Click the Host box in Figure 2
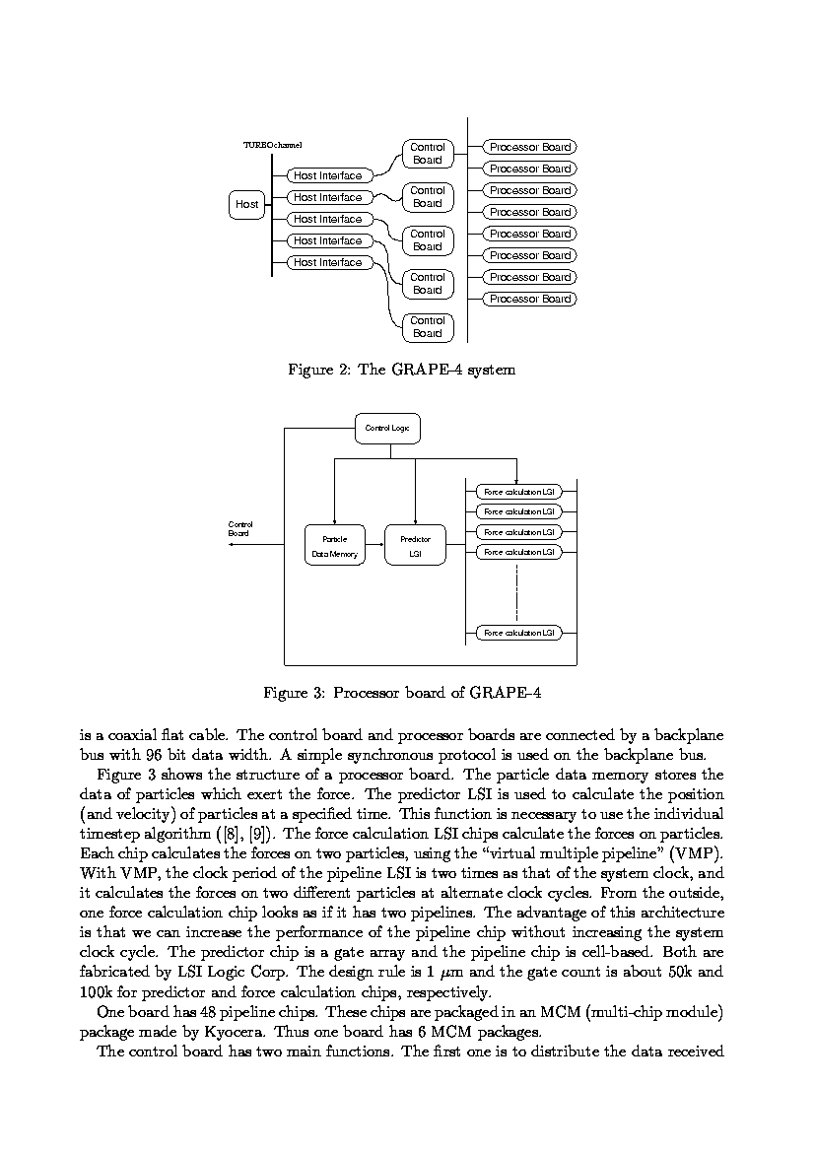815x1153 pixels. pyautogui.click(x=247, y=204)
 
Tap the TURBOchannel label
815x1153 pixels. pyautogui.click(x=272, y=145)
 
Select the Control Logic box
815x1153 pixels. pyautogui.click(x=387, y=428)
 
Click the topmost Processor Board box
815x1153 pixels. pyautogui.click(x=530, y=147)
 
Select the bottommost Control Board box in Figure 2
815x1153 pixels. pyautogui.click(x=428, y=327)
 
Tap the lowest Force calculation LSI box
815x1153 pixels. pyautogui.click(x=519, y=633)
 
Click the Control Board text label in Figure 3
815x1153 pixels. pyautogui.click(x=239, y=528)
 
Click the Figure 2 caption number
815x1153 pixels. pyautogui.click(x=344, y=371)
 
